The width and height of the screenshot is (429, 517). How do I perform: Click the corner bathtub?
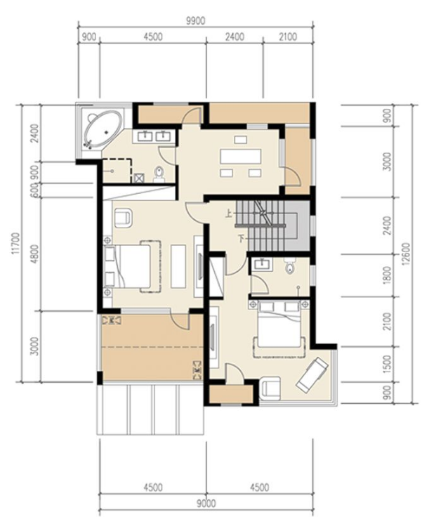point(103,129)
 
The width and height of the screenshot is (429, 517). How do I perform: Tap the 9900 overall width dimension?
point(196,21)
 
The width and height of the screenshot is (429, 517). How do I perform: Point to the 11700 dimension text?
point(15,244)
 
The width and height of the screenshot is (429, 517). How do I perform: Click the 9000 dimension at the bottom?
point(206,504)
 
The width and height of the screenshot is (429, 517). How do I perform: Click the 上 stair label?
point(228,214)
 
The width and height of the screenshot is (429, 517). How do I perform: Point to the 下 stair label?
point(242,237)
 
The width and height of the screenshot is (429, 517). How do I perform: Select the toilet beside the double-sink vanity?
point(159,174)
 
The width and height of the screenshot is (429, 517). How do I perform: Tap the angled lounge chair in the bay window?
point(312,374)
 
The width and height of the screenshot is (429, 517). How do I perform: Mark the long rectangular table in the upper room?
point(241,156)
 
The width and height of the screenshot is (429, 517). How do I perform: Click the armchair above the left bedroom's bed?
point(124,218)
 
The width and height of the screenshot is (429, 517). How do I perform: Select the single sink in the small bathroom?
point(262,263)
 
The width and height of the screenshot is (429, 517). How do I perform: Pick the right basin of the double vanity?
point(163,136)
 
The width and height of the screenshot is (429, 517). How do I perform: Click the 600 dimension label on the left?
point(34,190)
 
